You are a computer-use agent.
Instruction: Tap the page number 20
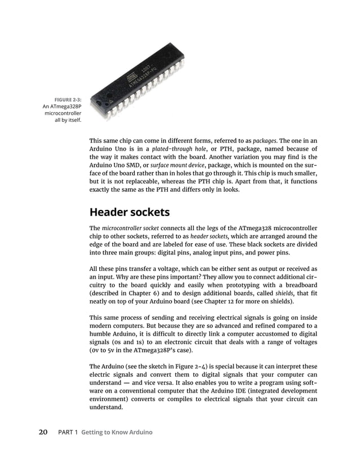[43, 432]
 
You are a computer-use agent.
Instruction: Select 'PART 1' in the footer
[68, 432]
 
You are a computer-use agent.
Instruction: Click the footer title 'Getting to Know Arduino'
[117, 432]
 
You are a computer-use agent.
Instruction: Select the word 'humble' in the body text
[102, 334]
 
